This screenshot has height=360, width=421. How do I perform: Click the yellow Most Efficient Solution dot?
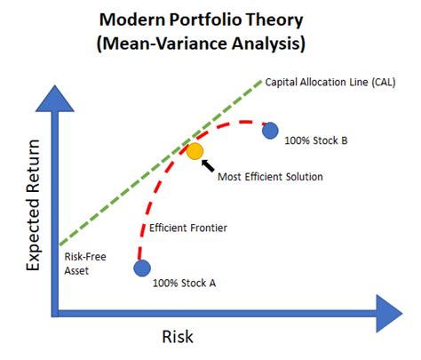[195, 151]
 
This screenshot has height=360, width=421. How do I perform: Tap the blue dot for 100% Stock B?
[271, 131]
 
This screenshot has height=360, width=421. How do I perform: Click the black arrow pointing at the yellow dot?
[210, 163]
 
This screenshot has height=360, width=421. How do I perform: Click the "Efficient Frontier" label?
[188, 228]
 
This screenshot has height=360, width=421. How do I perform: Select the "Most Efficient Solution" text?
[270, 176]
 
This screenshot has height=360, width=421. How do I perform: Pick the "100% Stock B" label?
[316, 140]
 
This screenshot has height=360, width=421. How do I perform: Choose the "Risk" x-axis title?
[177, 337]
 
